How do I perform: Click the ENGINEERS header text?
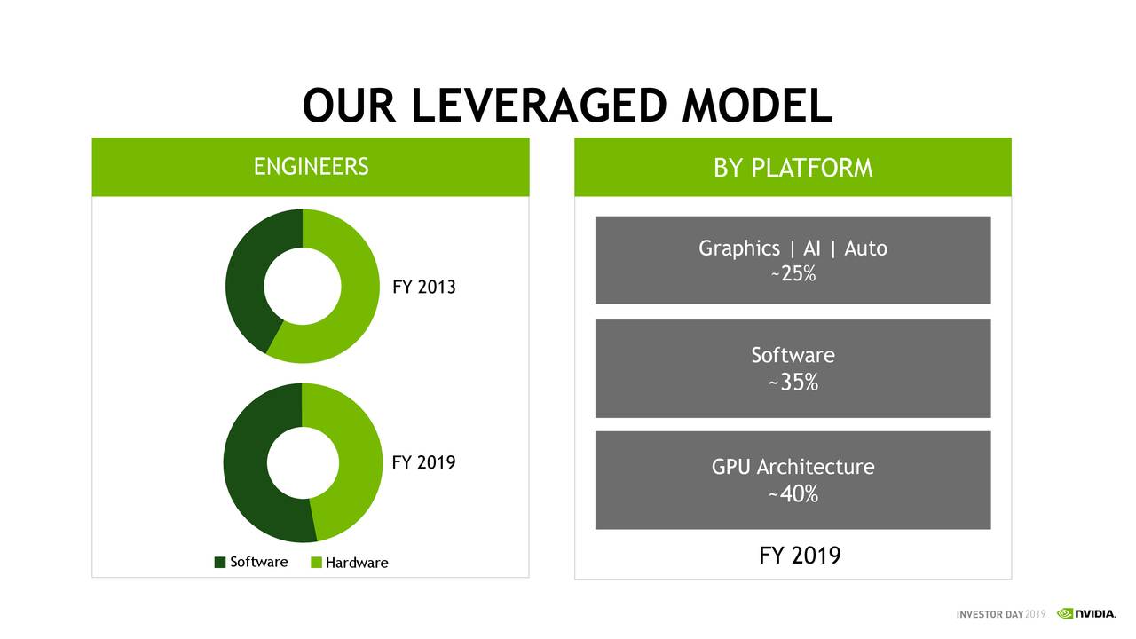click(x=311, y=167)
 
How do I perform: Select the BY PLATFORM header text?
click(x=793, y=168)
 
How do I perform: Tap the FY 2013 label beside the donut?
click(x=423, y=288)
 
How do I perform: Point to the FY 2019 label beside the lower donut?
click(x=423, y=462)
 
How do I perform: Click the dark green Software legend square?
click(x=220, y=563)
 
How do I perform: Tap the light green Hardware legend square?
click(x=316, y=563)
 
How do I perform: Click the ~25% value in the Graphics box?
click(x=793, y=274)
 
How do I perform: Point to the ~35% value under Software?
click(x=793, y=383)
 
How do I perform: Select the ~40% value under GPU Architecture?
click(x=793, y=494)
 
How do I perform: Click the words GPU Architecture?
click(x=793, y=467)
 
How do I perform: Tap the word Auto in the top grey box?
click(x=865, y=248)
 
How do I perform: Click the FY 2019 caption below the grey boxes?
click(x=800, y=556)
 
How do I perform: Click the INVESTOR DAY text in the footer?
click(x=990, y=614)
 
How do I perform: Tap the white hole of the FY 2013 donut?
click(x=303, y=286)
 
